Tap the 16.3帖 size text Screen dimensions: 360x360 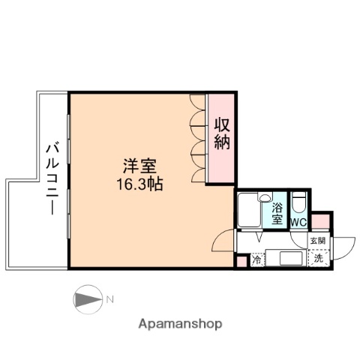click(x=139, y=182)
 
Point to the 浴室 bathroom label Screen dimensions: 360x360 click(x=277, y=213)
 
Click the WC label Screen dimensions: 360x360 click(x=298, y=223)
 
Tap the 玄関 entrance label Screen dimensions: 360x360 click(x=318, y=241)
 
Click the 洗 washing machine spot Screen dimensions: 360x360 click(x=318, y=258)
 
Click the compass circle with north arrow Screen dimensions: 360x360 click(x=87, y=300)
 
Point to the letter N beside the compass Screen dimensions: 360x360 click(x=109, y=300)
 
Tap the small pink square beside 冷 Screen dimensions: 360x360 click(x=241, y=261)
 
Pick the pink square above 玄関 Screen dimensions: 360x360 click(x=320, y=221)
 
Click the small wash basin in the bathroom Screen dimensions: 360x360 click(x=265, y=198)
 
